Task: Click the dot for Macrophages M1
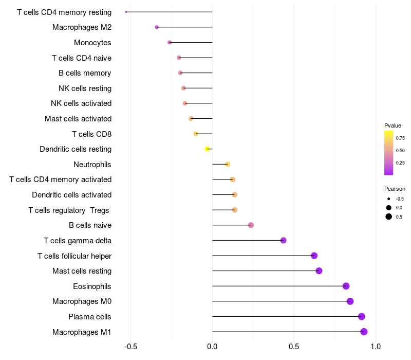[364, 332]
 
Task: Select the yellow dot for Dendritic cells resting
[208, 149]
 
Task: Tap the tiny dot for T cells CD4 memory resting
[126, 12]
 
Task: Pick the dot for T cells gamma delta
[284, 240]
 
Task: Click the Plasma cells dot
[362, 316]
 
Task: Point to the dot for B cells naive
[251, 225]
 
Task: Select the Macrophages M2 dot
[157, 27]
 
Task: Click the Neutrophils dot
[228, 164]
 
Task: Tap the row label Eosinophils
[92, 286]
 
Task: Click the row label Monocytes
[92, 43]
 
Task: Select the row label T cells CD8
[92, 134]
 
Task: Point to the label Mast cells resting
[82, 271]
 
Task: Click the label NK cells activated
[81, 103]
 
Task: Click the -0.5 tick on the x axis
[131, 347]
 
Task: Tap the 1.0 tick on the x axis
[376, 347]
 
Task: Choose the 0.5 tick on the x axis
[294, 347]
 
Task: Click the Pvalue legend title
[393, 125]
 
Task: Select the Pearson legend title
[395, 189]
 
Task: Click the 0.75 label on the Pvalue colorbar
[400, 138]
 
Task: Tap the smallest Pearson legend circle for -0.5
[389, 199]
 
